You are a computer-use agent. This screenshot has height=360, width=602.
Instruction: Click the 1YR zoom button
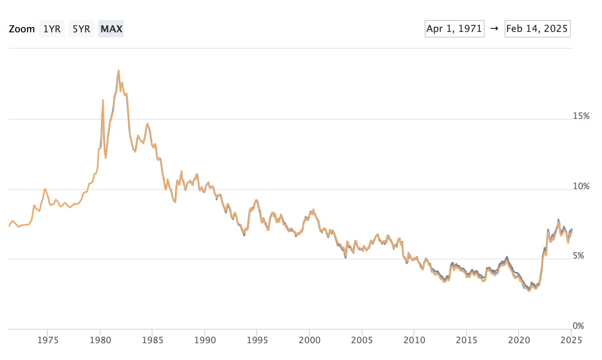tap(52, 29)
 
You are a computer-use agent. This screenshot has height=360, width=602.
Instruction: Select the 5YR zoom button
tap(81, 29)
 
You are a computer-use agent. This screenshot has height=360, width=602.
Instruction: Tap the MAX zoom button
tap(111, 29)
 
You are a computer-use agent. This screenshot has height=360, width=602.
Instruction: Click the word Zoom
tap(22, 29)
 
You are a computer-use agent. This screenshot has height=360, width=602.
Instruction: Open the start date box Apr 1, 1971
tap(454, 29)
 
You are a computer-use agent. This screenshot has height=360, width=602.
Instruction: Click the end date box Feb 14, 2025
tap(537, 29)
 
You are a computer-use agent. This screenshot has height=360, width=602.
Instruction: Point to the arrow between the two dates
tap(494, 29)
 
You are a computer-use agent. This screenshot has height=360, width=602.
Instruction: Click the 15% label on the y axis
tap(581, 116)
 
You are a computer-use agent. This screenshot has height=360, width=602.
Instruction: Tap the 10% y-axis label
tap(581, 186)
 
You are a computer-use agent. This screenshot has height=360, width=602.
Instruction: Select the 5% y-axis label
tap(578, 256)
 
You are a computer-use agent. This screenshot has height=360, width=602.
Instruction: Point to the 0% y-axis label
tap(578, 326)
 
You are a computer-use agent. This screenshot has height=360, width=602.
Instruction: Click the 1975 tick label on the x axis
tap(48, 340)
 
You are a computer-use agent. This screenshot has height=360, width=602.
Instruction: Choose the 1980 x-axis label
tap(100, 340)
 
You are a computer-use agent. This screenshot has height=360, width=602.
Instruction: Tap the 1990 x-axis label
tap(205, 340)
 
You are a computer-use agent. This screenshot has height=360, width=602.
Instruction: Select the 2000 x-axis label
tap(309, 340)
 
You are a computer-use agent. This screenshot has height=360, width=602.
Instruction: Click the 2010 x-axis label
tap(414, 340)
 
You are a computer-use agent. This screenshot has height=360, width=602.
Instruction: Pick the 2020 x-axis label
tap(519, 340)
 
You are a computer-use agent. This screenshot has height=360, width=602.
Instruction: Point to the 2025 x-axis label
tap(571, 340)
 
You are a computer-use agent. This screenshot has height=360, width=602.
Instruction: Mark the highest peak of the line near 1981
tap(119, 71)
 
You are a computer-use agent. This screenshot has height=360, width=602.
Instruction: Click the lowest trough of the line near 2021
tap(529, 291)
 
